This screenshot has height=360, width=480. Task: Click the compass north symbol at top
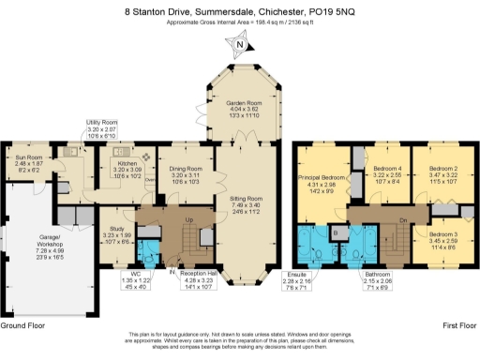[241, 45]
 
